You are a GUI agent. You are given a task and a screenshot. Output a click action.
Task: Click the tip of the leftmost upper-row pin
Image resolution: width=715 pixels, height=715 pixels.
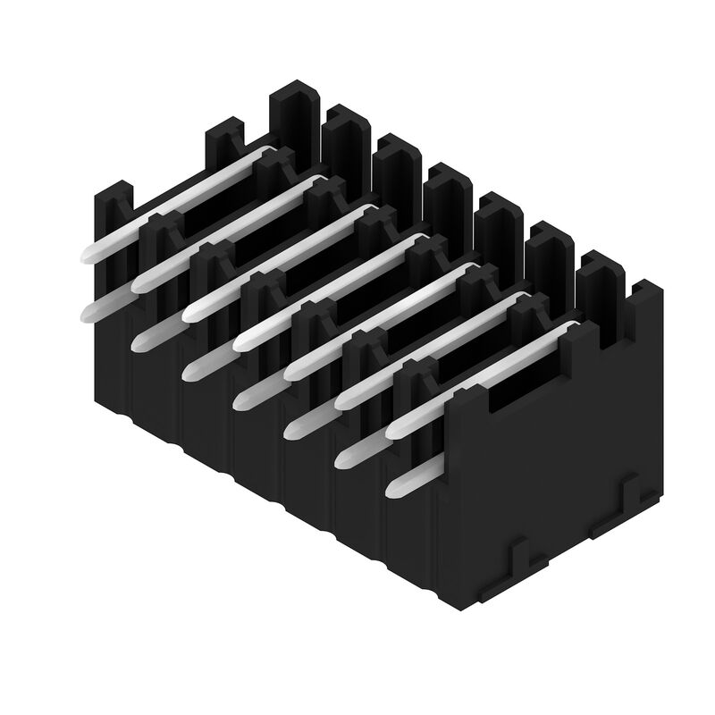tap(86, 256)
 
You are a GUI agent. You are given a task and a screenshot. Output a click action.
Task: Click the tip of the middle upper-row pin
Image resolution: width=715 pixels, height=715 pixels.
tap(240, 343)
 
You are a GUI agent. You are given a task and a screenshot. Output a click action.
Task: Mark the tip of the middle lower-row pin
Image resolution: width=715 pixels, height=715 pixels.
tap(240, 401)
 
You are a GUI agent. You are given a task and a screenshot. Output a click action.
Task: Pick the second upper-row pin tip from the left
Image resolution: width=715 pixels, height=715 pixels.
tap(137, 285)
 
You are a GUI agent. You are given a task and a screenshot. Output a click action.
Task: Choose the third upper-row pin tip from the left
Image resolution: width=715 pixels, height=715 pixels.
tap(189, 314)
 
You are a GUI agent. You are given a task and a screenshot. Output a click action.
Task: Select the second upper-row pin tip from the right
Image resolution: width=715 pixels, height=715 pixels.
tap(341, 401)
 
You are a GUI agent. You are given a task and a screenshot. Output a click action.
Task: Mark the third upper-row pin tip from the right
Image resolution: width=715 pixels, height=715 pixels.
tap(290, 372)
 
